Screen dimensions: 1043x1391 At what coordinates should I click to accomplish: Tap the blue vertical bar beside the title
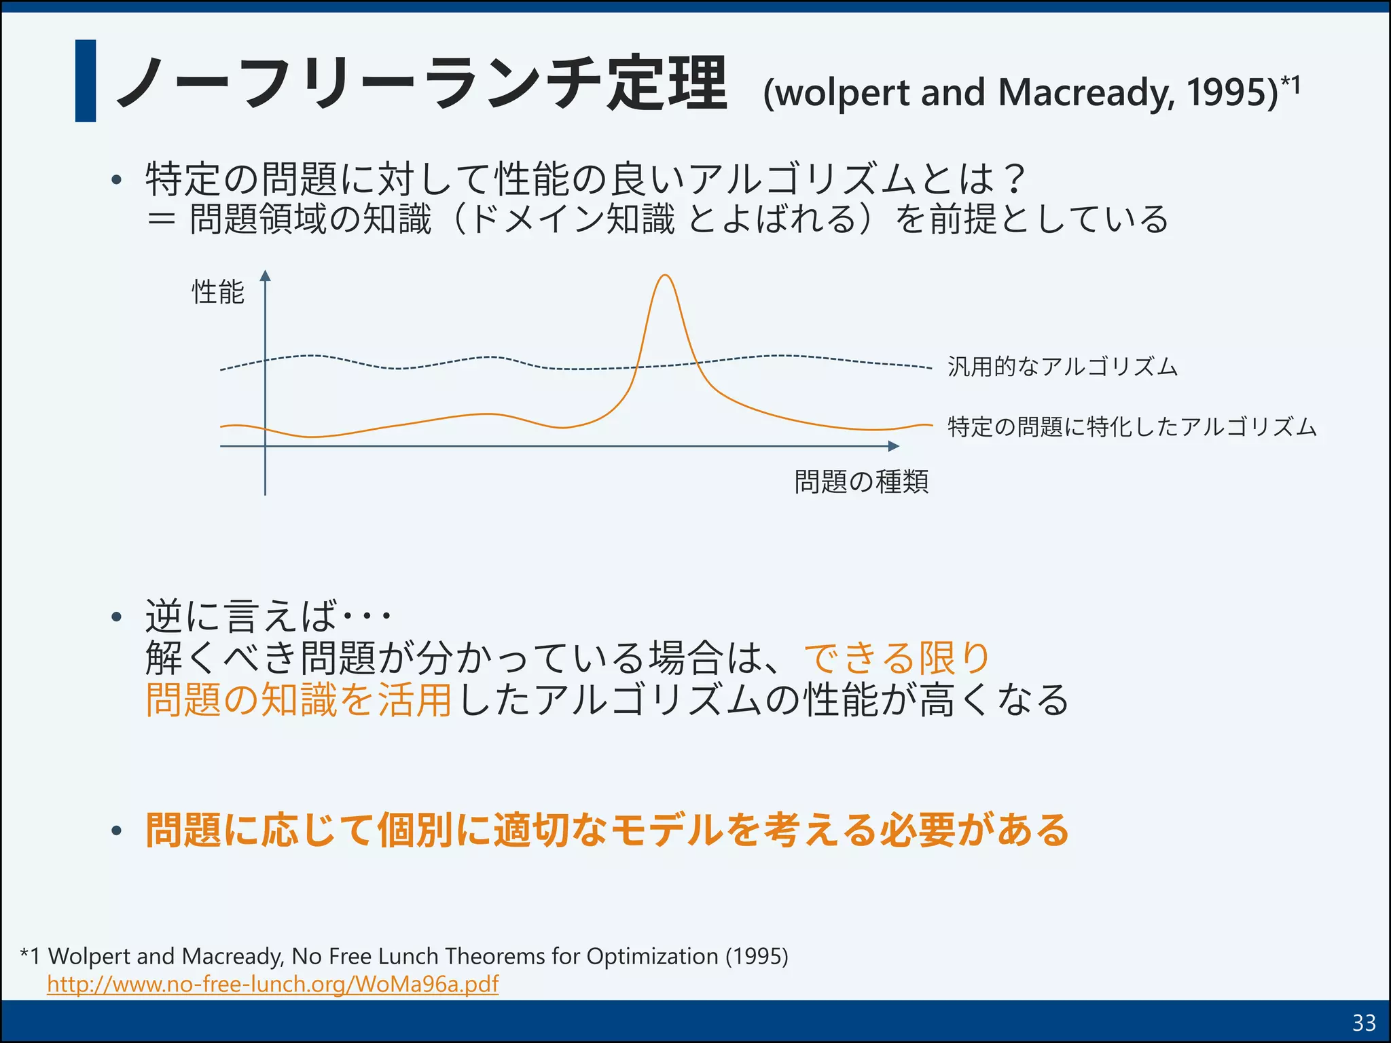[86, 81]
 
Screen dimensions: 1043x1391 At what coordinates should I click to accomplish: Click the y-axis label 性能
[217, 292]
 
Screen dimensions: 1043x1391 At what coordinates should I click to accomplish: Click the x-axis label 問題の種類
[861, 481]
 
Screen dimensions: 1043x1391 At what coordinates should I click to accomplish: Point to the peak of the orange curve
[665, 276]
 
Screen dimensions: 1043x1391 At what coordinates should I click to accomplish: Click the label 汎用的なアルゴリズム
[1062, 367]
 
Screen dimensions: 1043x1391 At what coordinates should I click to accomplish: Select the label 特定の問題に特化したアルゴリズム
[1132, 427]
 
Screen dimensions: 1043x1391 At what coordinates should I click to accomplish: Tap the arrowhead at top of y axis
[266, 276]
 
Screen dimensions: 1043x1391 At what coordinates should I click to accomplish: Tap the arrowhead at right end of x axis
[894, 446]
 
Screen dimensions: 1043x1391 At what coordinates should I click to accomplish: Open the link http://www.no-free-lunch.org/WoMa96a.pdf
[272, 983]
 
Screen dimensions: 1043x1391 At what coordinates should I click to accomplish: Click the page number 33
[1364, 1023]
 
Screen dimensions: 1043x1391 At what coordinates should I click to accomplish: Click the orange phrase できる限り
[897, 657]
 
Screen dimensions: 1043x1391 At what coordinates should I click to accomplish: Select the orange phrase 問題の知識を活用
[299, 699]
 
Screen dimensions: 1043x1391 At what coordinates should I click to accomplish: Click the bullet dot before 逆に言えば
[117, 617]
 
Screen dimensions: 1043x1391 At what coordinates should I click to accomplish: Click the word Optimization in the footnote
[652, 956]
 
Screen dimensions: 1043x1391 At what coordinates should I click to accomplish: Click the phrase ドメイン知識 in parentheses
[571, 219]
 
